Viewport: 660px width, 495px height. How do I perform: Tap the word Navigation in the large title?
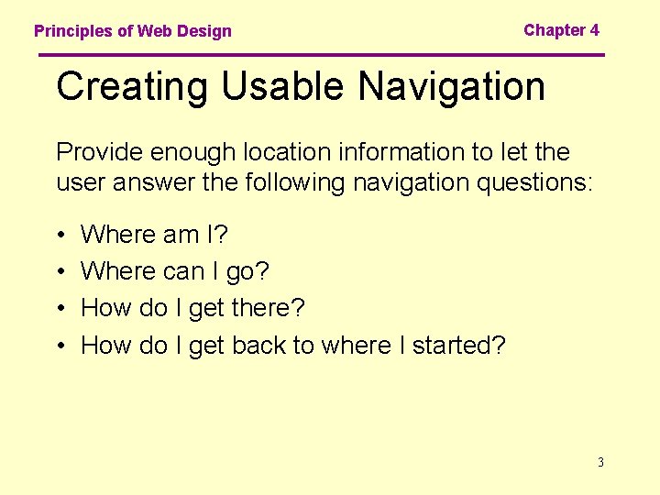click(x=452, y=87)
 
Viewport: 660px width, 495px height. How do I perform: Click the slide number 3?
click(x=600, y=462)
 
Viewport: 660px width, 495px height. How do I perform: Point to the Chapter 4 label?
click(x=561, y=30)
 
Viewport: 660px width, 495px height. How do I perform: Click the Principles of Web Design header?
click(x=133, y=31)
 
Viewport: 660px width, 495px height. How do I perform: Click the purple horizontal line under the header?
click(x=321, y=55)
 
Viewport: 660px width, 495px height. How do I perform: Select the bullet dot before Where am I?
click(x=60, y=236)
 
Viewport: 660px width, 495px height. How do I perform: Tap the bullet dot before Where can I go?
click(x=60, y=272)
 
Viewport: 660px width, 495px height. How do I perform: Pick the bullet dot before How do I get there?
click(x=60, y=309)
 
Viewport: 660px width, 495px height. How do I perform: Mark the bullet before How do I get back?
click(x=60, y=346)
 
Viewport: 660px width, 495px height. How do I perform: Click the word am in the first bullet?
click(x=181, y=236)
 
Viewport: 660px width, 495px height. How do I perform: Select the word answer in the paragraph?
click(x=150, y=183)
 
